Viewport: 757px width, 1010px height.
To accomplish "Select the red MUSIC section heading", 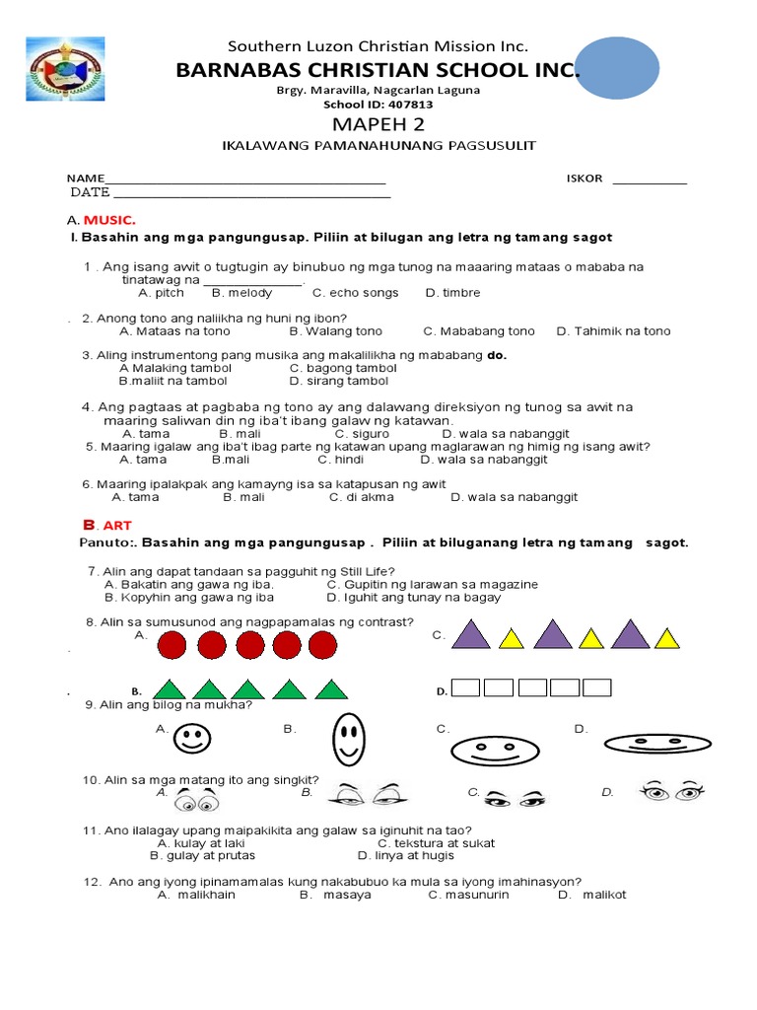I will [x=109, y=220].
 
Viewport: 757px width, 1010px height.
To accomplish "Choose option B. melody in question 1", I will [x=242, y=293].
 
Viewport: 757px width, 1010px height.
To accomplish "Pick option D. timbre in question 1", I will [x=452, y=293].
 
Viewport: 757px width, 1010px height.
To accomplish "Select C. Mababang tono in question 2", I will [x=479, y=331].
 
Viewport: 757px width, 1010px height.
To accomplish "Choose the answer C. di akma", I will [x=361, y=497].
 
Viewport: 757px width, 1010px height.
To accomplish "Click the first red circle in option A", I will [x=173, y=645].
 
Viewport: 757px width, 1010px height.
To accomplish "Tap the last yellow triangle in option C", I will [x=667, y=639].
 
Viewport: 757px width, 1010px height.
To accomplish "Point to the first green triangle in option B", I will [x=171, y=688].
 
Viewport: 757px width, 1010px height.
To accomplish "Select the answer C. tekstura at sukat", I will [x=436, y=843].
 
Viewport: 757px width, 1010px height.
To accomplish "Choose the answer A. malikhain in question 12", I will [x=196, y=895].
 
